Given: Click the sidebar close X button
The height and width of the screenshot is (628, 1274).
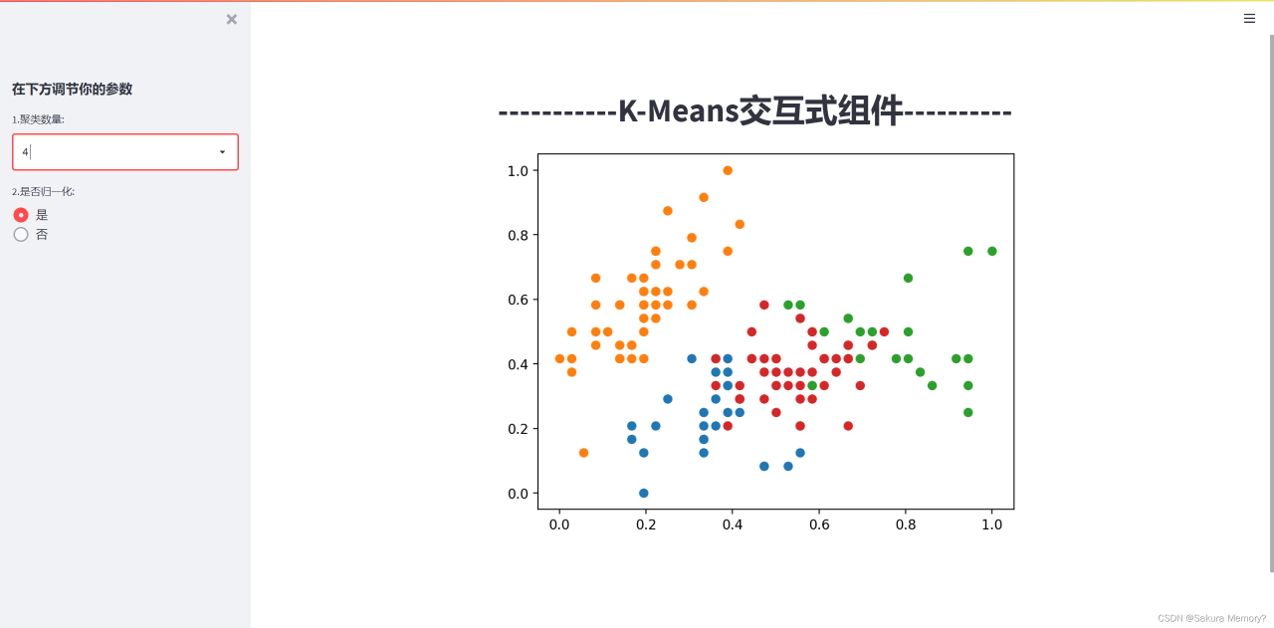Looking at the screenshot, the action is (232, 19).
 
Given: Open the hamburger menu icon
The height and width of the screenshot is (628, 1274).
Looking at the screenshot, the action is (1249, 19).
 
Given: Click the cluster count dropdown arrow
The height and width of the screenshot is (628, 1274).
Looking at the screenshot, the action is (222, 152).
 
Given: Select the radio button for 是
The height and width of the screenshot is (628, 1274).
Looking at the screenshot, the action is (21, 215).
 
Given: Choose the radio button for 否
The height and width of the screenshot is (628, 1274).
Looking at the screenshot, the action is (21, 234).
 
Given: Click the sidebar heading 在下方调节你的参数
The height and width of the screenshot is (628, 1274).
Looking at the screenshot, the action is (73, 90).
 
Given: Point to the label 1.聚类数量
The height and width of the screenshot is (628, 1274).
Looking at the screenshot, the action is (38, 119).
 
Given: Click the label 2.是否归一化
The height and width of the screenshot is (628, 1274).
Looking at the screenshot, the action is (43, 192).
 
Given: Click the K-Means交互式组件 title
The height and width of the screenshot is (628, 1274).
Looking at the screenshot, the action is (754, 110).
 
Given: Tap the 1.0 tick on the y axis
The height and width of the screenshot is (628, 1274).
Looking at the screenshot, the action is (518, 170).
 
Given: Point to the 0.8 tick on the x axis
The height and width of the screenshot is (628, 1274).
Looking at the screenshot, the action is (906, 524).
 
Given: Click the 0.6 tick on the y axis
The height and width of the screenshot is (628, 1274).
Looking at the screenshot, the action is (518, 300).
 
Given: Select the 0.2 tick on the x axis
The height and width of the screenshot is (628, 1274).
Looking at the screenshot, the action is (646, 524).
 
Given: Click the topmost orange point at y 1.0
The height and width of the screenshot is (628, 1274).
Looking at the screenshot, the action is (728, 170).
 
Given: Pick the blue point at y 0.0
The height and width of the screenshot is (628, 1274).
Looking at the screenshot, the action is (643, 494).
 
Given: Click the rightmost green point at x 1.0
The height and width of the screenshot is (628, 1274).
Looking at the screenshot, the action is (992, 252).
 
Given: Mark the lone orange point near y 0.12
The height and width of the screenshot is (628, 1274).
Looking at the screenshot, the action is (583, 453).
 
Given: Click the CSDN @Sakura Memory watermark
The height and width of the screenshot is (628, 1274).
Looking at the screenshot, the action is (1211, 618).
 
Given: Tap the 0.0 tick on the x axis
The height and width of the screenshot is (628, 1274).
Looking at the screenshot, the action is (559, 524).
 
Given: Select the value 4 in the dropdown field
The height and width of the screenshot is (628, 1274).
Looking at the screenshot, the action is (25, 152).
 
